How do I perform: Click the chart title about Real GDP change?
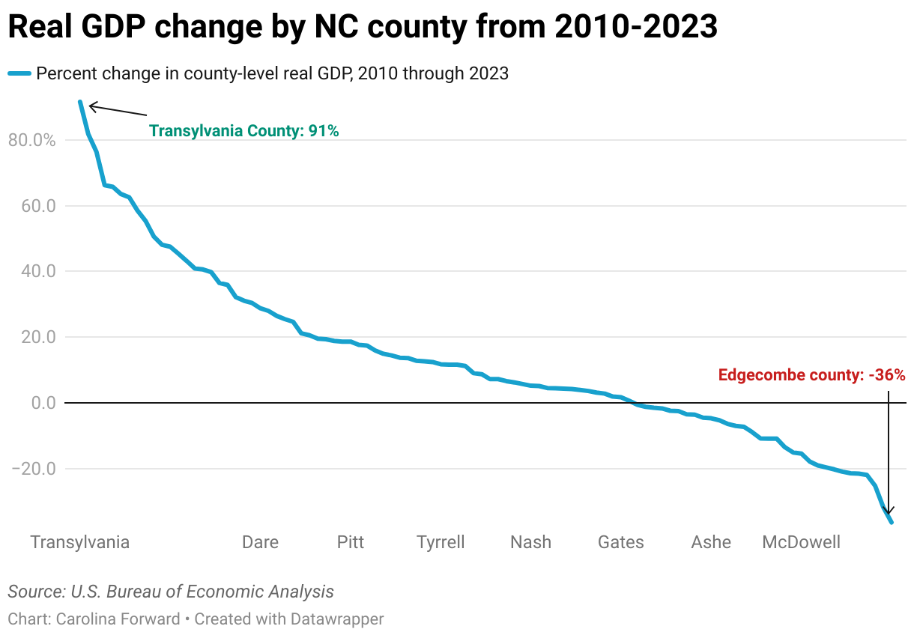[363, 28]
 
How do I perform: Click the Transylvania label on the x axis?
[80, 542]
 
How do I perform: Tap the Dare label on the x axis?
[260, 542]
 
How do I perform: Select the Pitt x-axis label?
[351, 542]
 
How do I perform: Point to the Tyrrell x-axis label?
[441, 542]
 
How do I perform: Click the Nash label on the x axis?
[530, 542]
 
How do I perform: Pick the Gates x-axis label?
[620, 542]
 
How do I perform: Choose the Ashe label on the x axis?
[711, 542]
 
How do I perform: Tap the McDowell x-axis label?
[801, 542]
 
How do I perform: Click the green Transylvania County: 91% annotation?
[244, 131]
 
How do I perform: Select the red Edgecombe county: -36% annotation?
[812, 375]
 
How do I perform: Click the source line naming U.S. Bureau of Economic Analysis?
[171, 592]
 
